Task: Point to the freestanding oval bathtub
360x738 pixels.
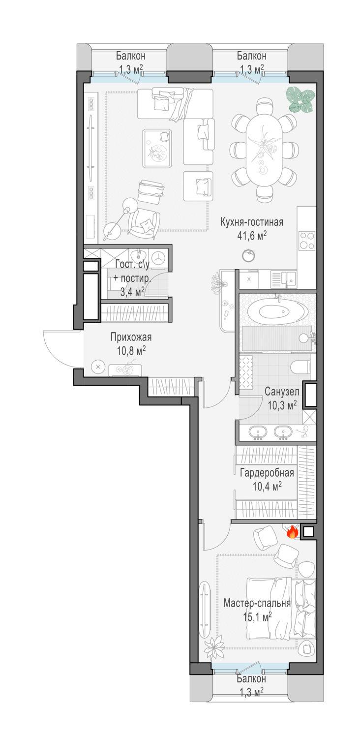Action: pyautogui.click(x=278, y=312)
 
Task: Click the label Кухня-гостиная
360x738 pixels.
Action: pyautogui.click(x=252, y=222)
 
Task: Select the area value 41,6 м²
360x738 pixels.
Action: pyautogui.click(x=252, y=236)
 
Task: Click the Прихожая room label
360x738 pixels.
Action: pyautogui.click(x=131, y=338)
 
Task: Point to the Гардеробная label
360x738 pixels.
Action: pyautogui.click(x=267, y=473)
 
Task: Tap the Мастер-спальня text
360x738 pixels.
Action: pyautogui.click(x=257, y=603)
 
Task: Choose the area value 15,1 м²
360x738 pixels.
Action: pyautogui.click(x=257, y=616)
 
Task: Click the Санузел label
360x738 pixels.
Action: pyautogui.click(x=282, y=392)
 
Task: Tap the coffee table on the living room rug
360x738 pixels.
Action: pyautogui.click(x=157, y=149)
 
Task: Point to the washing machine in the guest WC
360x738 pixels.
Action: pyautogui.click(x=159, y=258)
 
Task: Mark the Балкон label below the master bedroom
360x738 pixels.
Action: pyautogui.click(x=251, y=678)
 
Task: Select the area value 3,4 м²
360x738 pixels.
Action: pyautogui.click(x=132, y=292)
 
